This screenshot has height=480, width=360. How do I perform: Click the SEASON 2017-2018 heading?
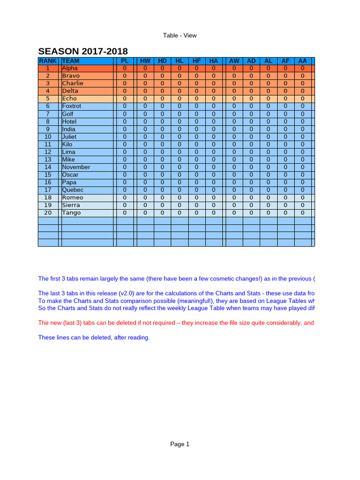click(83, 51)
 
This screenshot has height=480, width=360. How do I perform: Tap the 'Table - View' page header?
click(180, 36)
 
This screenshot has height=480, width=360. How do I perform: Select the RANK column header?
click(48, 61)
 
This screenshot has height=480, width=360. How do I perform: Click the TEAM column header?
click(71, 61)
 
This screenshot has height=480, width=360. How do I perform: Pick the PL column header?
click(125, 61)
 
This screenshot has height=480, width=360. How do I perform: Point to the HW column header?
click(145, 61)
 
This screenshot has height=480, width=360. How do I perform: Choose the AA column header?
click(302, 61)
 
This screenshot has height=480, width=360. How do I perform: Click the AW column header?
click(234, 61)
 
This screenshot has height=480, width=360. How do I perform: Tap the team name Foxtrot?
click(71, 106)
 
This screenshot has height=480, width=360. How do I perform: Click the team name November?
click(76, 167)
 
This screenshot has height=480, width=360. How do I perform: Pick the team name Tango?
click(71, 213)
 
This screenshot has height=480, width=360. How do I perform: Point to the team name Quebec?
click(73, 190)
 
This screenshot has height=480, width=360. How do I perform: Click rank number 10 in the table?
click(48, 137)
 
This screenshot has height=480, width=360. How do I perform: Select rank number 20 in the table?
click(48, 213)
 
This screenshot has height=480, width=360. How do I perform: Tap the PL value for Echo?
click(125, 99)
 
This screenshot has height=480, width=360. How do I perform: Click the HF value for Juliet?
click(196, 137)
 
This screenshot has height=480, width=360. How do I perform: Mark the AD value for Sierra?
click(251, 205)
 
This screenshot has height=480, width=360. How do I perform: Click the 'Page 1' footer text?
click(180, 444)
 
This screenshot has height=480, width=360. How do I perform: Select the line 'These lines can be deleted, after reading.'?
click(94, 337)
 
